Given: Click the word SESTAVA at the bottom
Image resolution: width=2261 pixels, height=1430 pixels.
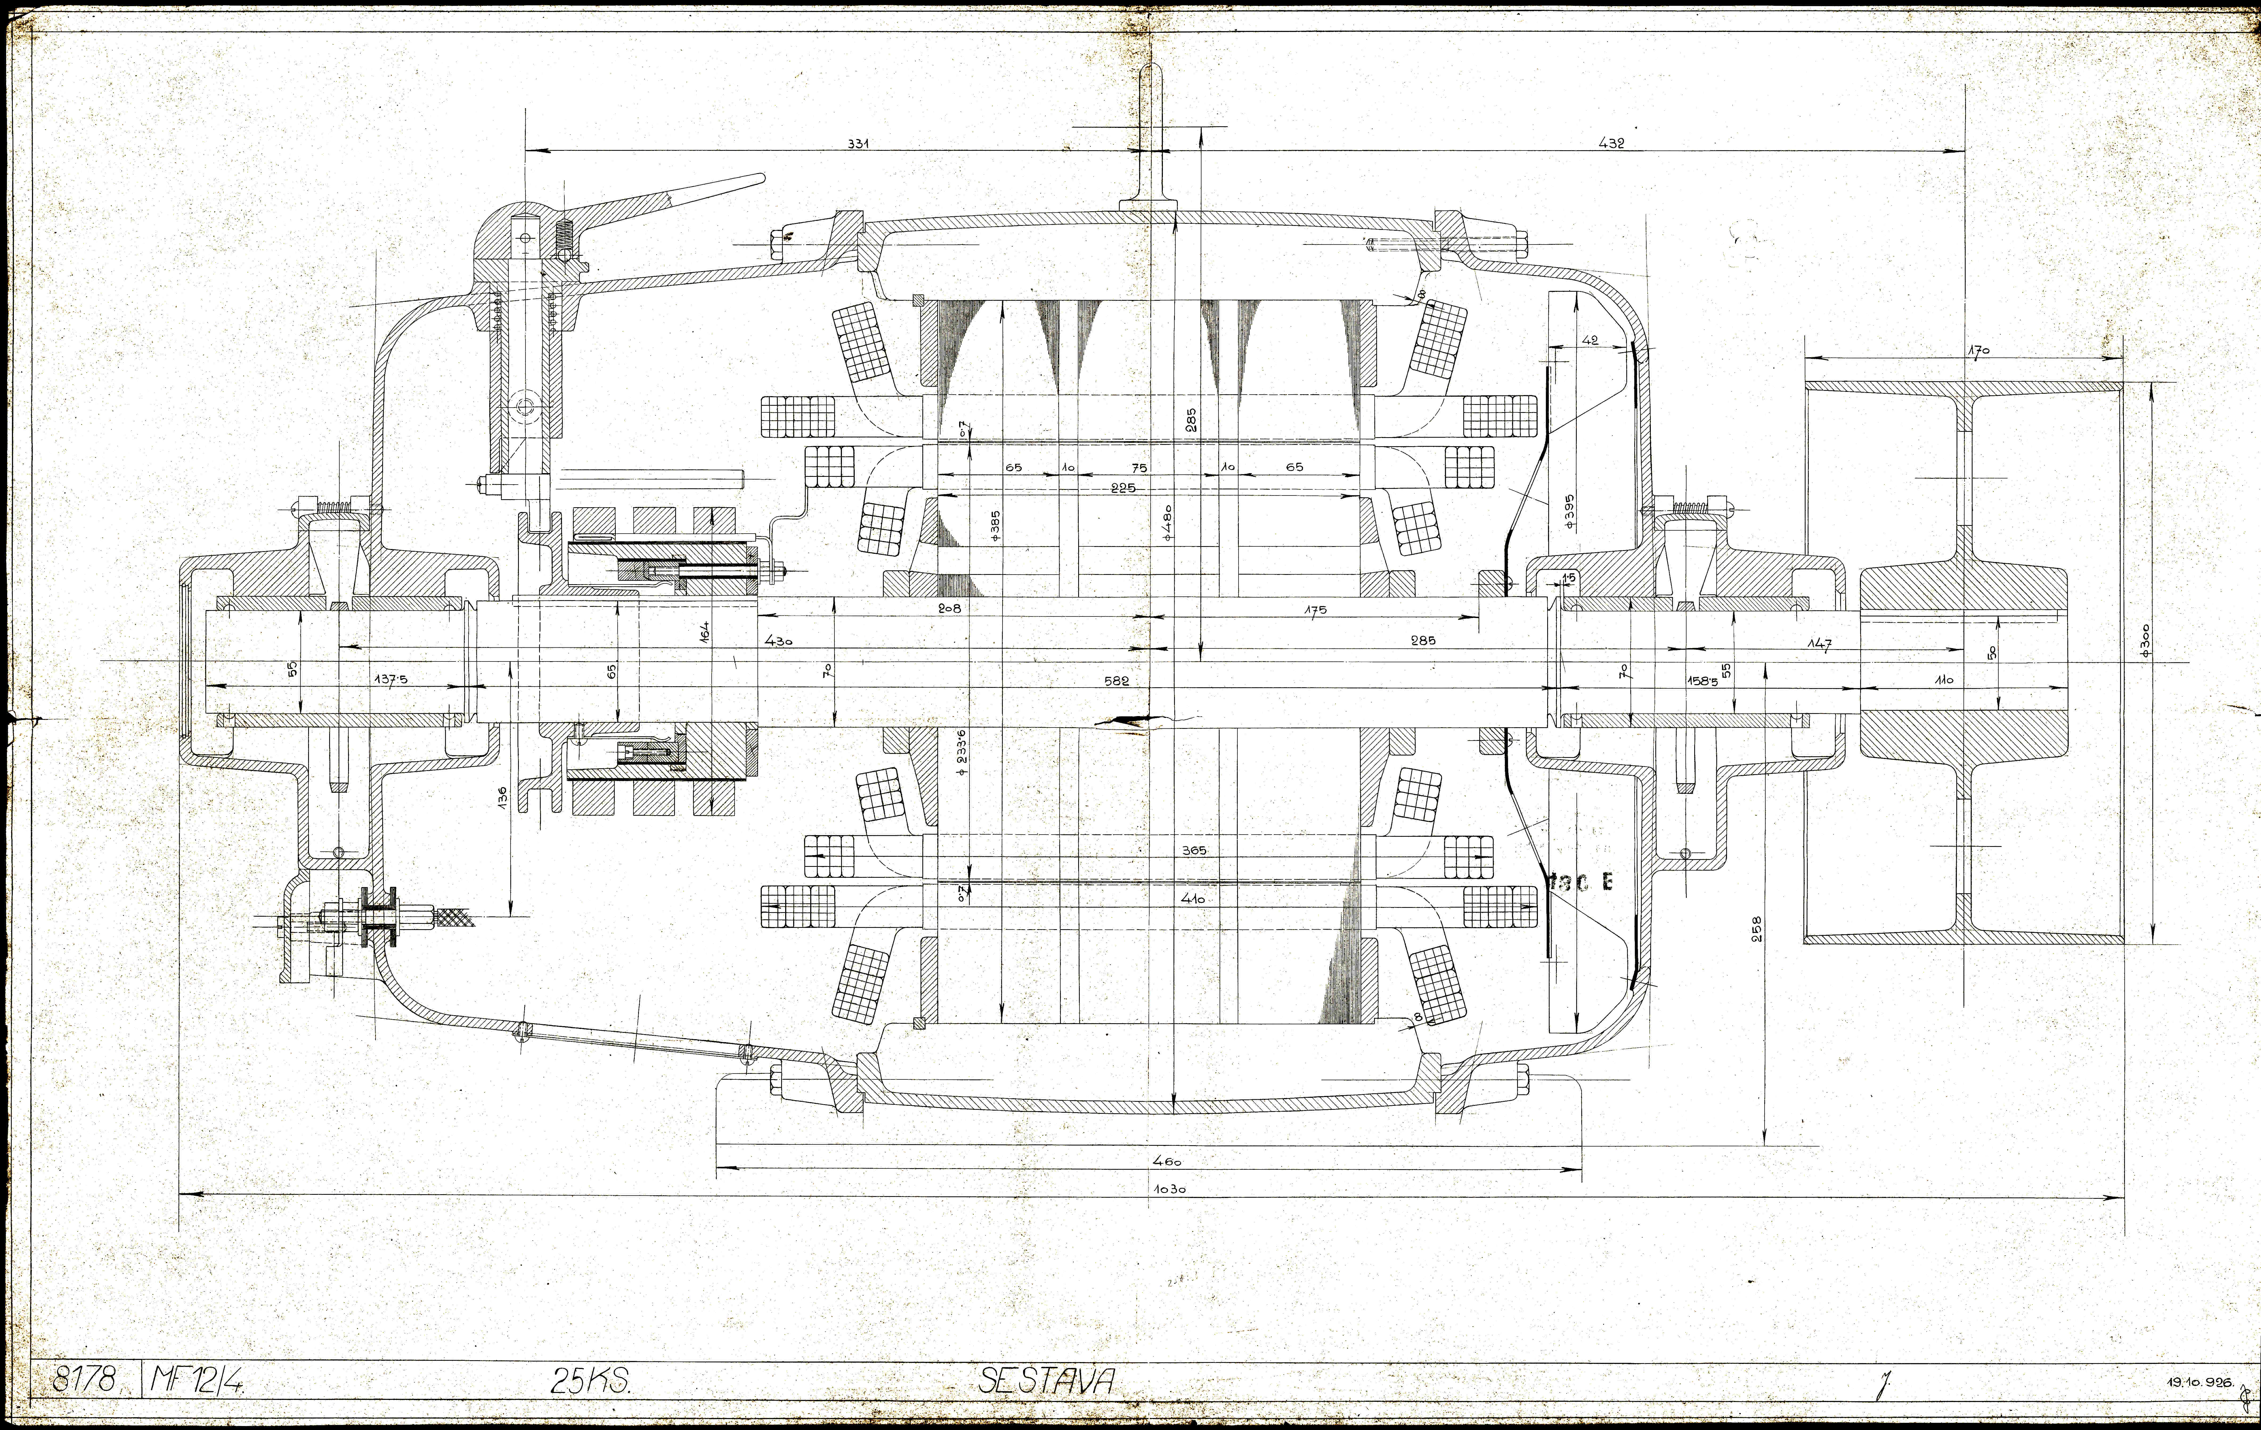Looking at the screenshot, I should pos(1047,1380).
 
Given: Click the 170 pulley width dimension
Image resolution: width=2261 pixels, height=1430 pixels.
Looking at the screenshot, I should pos(1978,351).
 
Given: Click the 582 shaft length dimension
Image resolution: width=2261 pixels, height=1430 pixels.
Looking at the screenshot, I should pos(1117,681).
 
